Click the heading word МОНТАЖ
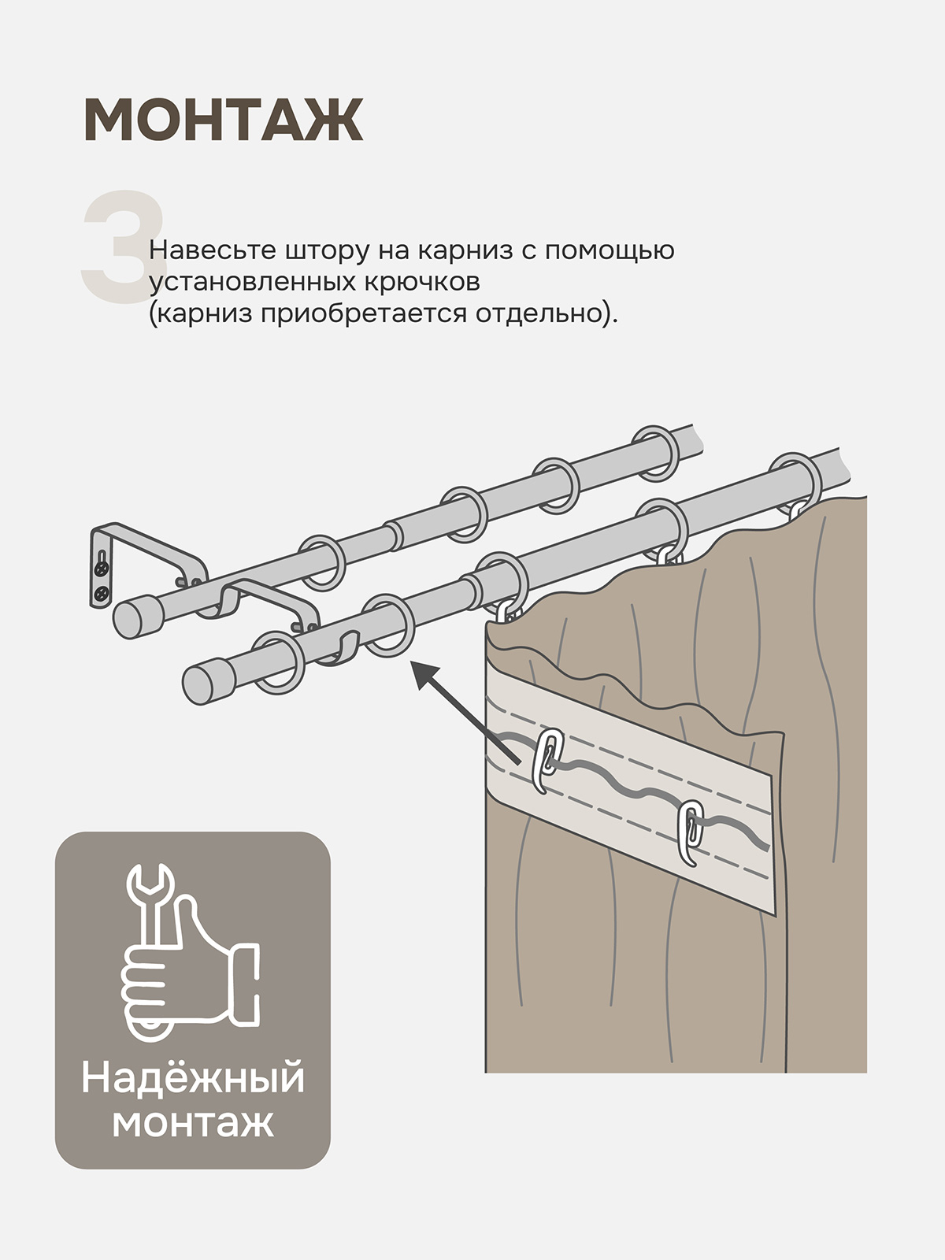pyautogui.click(x=223, y=120)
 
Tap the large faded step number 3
pyautogui.click(x=124, y=246)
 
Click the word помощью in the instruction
pyautogui.click(x=610, y=250)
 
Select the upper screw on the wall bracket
pyautogui.click(x=102, y=568)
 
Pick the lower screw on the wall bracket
pyautogui.click(x=101, y=592)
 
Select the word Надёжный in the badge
pyautogui.click(x=192, y=1078)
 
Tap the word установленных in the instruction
pyautogui.click(x=253, y=282)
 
